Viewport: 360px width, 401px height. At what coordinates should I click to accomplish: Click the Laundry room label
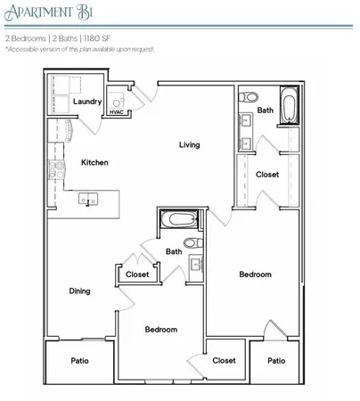click(87, 102)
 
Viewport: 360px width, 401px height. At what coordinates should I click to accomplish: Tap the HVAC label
click(116, 112)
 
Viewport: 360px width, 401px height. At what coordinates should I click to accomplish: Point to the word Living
click(188, 144)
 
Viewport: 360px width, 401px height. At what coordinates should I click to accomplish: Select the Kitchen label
click(95, 162)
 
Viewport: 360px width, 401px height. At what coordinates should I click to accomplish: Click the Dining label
click(80, 291)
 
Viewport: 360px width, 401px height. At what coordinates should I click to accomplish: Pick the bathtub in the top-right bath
click(290, 106)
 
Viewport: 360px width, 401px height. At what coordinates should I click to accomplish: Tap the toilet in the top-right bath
click(250, 95)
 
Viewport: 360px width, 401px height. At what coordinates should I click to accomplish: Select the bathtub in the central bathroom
click(178, 219)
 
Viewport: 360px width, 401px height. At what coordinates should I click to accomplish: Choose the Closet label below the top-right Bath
click(267, 175)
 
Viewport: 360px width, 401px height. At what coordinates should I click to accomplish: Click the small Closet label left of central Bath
click(137, 274)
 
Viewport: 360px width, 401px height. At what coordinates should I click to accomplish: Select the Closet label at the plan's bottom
click(224, 360)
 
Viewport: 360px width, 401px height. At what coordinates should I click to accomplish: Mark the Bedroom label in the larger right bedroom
click(255, 274)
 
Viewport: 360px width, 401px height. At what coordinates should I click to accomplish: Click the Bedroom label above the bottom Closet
click(161, 329)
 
